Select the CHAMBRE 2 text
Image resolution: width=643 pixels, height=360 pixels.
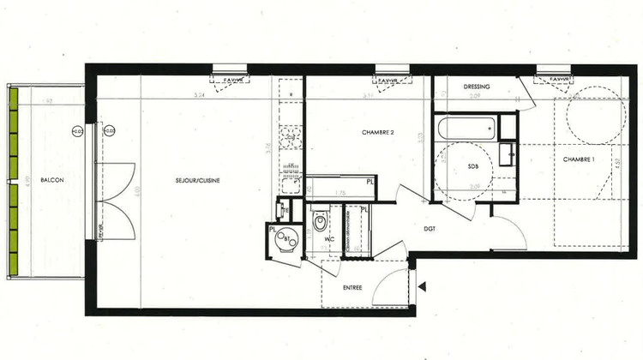377,133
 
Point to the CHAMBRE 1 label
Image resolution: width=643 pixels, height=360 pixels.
580,160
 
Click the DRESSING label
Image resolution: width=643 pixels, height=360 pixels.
476,87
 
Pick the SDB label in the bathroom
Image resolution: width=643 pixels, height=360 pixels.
472,167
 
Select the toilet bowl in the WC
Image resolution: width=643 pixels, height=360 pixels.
320,222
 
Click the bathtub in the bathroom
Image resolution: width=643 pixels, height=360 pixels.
466,129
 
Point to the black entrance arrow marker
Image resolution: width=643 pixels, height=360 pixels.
421,286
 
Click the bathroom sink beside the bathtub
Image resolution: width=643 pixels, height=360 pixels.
508,155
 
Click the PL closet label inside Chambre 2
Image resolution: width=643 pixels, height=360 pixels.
370,182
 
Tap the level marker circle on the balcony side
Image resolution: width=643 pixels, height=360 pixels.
77,131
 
